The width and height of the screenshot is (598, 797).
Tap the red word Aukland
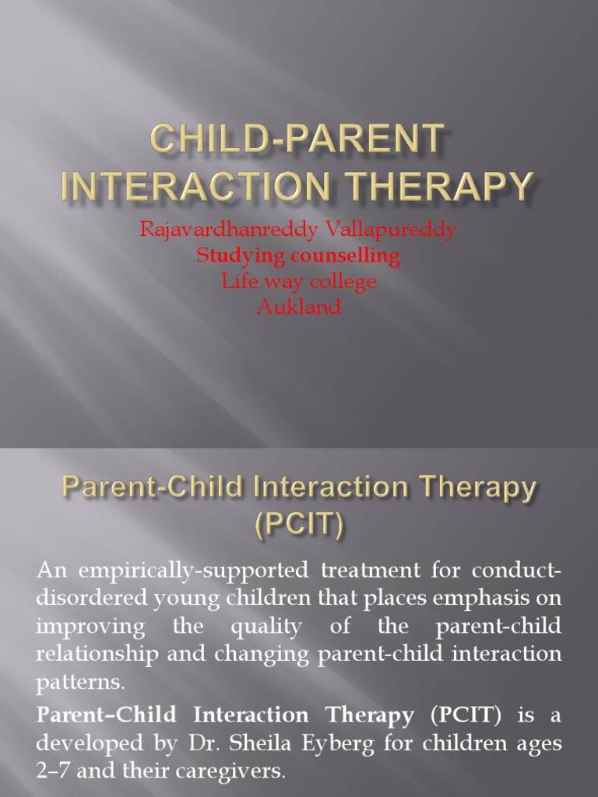point(299,307)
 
